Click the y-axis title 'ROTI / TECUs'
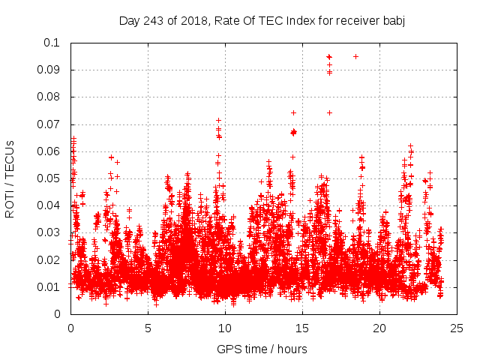(10, 178)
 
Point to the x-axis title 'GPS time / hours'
(262, 349)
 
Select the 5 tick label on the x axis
(148, 328)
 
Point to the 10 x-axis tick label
(225, 328)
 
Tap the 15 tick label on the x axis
(302, 328)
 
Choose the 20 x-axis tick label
(379, 328)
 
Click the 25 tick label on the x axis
(457, 328)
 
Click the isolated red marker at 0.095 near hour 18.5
(355, 56)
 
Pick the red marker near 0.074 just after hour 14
(293, 112)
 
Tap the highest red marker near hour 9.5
(218, 120)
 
